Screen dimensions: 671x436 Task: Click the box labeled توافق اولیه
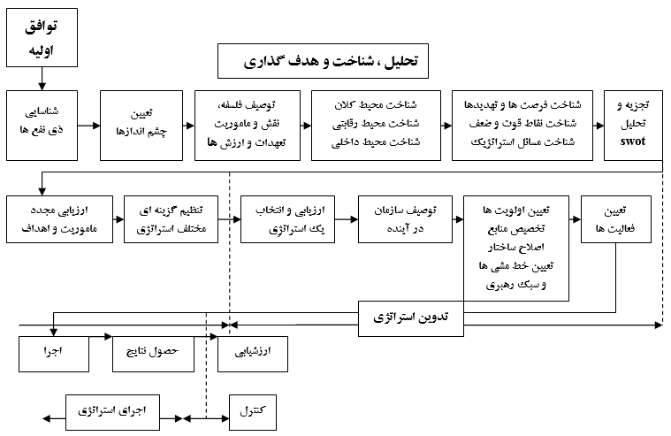(x=42, y=38)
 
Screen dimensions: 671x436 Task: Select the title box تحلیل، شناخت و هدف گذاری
(x=323, y=61)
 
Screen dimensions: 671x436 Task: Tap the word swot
(x=632, y=142)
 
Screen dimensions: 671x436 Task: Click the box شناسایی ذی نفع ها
(x=42, y=126)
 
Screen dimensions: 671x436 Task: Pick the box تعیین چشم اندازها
(x=141, y=126)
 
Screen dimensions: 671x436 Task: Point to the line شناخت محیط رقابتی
(x=376, y=124)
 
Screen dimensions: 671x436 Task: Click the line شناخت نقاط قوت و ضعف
(x=522, y=124)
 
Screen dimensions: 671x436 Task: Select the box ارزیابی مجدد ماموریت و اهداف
(x=60, y=219)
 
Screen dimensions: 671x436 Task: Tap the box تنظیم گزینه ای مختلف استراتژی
(x=172, y=219)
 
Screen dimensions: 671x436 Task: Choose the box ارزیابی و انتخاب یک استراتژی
(x=287, y=219)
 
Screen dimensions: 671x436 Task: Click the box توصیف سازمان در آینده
(x=405, y=219)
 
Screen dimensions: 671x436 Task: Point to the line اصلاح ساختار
(x=516, y=248)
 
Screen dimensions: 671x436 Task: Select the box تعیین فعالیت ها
(x=616, y=219)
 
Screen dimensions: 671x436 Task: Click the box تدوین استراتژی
(x=411, y=318)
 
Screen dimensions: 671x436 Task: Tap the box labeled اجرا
(x=54, y=354)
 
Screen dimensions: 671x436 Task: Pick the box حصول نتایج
(x=153, y=354)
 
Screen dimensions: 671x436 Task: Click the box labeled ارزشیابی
(x=253, y=354)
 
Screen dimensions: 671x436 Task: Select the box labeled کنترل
(x=253, y=412)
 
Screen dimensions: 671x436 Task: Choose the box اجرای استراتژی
(x=112, y=412)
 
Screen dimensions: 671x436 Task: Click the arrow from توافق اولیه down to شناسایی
(x=42, y=79)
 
